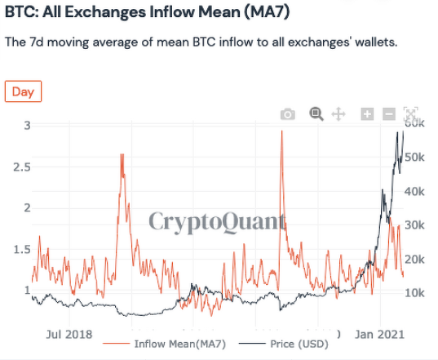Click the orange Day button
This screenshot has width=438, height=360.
[23, 91]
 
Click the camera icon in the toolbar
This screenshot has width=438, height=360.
[287, 114]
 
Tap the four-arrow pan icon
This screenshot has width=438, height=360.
[338, 114]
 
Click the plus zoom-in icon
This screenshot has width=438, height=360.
[367, 114]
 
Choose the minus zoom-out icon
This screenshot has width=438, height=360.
[389, 114]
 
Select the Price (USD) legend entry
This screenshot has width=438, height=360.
[278, 344]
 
